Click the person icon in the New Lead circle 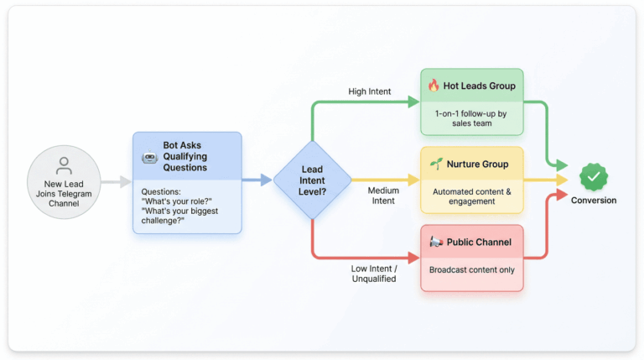tap(64, 164)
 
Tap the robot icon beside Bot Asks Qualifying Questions tap(150, 156)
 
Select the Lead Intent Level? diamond tap(313, 180)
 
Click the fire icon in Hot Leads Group tap(434, 86)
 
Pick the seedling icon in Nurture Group tap(434, 164)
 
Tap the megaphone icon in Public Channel tap(435, 243)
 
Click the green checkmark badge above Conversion tap(594, 177)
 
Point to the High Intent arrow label tap(369, 91)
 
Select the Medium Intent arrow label tap(383, 196)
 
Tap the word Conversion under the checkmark tap(594, 201)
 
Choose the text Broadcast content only tap(471, 270)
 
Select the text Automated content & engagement tap(470, 196)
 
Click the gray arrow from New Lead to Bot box tap(116, 180)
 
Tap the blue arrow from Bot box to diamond tap(257, 180)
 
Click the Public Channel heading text tap(480, 243)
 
